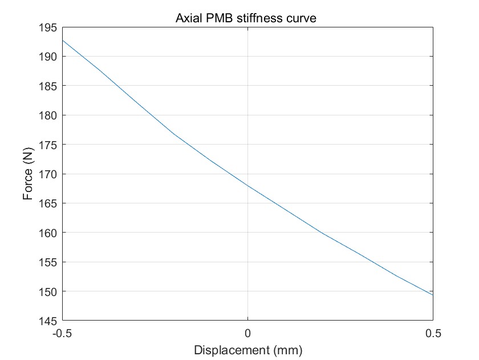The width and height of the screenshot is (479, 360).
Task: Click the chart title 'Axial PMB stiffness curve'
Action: pyautogui.click(x=246, y=19)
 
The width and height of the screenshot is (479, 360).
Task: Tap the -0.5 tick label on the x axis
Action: pyautogui.click(x=62, y=333)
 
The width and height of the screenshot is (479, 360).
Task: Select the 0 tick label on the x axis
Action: pyautogui.click(x=247, y=333)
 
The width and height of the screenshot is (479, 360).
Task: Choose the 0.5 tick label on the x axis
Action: pyautogui.click(x=433, y=333)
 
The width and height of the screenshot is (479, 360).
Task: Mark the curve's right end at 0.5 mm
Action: pyautogui.click(x=433, y=295)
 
